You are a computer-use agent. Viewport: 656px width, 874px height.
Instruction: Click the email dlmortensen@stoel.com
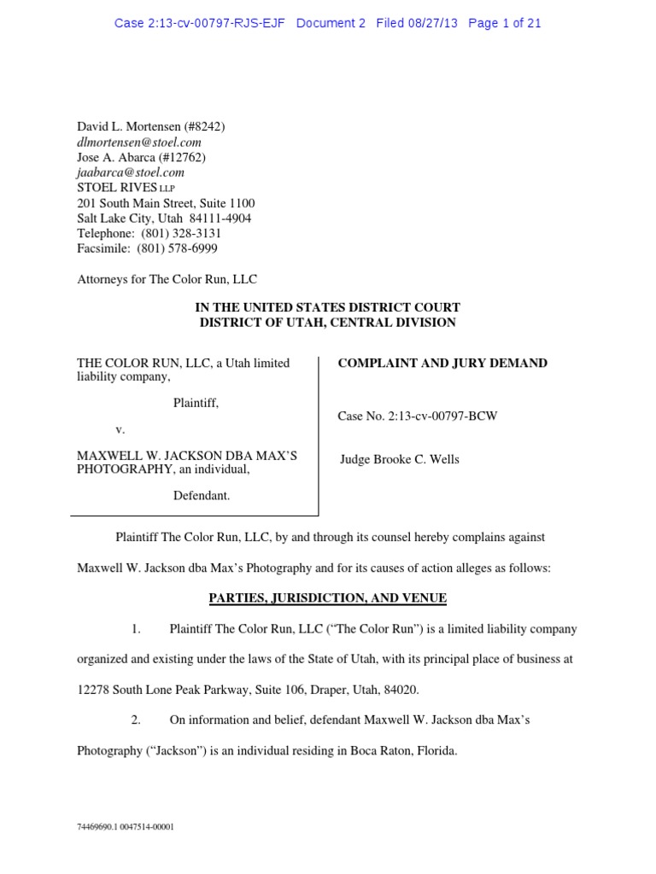139,143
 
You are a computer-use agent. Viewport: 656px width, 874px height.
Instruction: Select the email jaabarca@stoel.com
131,172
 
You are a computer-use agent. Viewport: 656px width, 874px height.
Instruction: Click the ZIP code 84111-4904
222,218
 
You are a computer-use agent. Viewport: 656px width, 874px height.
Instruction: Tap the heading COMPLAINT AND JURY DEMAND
442,364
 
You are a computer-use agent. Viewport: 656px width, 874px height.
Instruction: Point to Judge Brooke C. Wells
400,459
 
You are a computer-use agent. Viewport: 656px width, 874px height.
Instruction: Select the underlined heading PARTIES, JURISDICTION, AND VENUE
327,598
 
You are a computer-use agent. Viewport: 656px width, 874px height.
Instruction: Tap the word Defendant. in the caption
202,496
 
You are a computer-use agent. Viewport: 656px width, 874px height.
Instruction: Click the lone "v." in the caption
120,429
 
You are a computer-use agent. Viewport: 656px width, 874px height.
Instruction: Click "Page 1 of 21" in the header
505,23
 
